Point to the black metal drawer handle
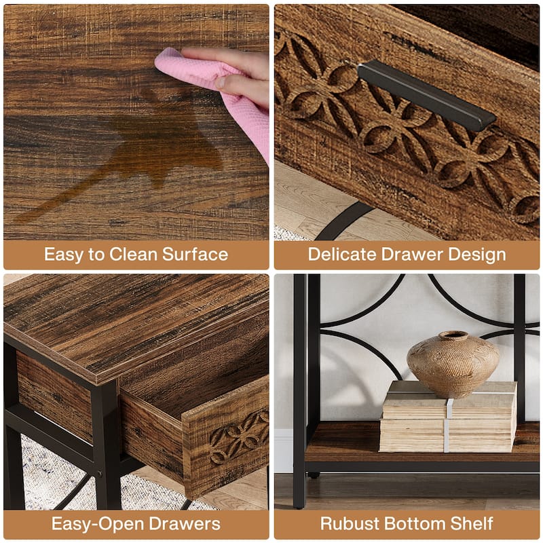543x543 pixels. pyautogui.click(x=427, y=94)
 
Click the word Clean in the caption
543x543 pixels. pyautogui.click(x=133, y=254)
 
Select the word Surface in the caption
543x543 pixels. pyautogui.click(x=195, y=254)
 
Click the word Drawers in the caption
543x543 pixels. pyautogui.click(x=183, y=523)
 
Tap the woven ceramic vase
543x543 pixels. pyautogui.click(x=453, y=364)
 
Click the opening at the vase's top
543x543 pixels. pyautogui.click(x=453, y=335)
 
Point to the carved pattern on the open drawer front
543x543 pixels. pyautogui.click(x=240, y=437)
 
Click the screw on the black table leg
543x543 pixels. pyautogui.click(x=100, y=473)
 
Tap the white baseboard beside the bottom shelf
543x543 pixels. pyautogui.click(x=284, y=450)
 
